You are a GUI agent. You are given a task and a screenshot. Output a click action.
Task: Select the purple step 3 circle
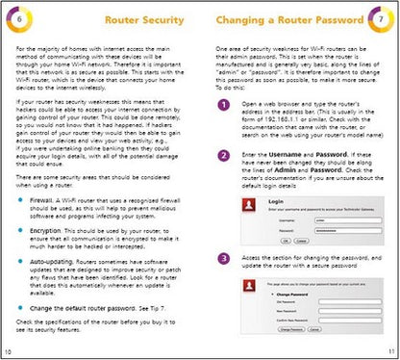click(x=223, y=258)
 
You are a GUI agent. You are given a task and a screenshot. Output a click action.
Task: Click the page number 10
click(x=9, y=353)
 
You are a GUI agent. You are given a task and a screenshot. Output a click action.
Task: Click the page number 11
click(x=390, y=353)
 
